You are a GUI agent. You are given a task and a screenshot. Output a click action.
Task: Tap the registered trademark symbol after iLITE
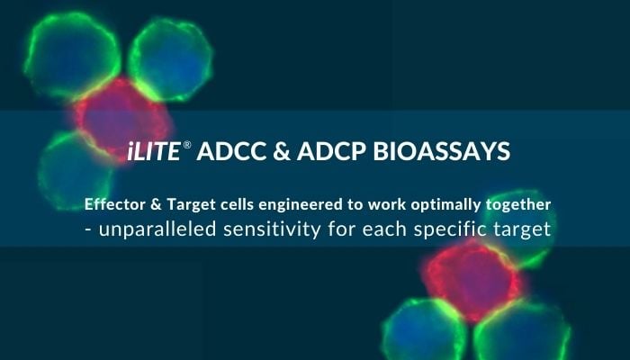(x=186, y=148)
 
